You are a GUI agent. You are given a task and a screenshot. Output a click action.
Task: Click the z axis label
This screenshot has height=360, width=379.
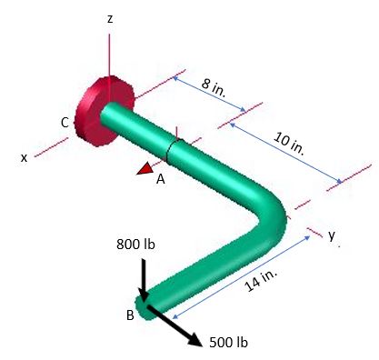(x=109, y=18)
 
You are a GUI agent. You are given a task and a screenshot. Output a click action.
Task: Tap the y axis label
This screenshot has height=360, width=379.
(x=332, y=235)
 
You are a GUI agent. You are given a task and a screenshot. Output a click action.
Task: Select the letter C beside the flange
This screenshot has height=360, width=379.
(x=65, y=122)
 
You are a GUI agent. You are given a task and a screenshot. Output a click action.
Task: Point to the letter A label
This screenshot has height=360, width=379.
(x=160, y=179)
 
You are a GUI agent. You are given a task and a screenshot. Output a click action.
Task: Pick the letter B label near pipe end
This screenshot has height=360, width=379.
(x=130, y=315)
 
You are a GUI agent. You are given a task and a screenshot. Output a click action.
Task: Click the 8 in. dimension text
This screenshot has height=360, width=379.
(x=214, y=87)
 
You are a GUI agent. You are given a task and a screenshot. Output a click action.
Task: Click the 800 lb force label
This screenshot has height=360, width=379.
(x=135, y=245)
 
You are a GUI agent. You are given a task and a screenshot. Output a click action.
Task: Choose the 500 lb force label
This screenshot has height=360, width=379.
(x=228, y=342)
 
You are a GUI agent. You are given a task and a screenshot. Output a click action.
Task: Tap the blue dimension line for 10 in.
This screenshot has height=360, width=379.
(x=285, y=155)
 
